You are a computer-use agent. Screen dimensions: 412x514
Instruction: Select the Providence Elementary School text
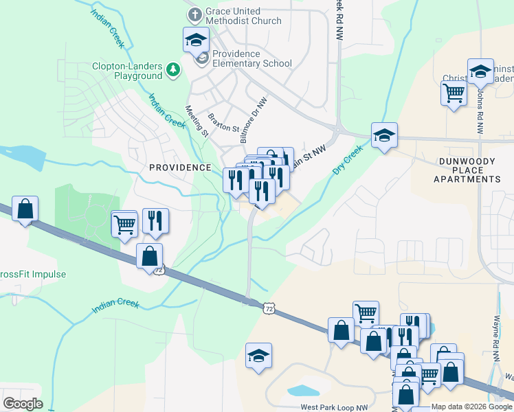(252, 58)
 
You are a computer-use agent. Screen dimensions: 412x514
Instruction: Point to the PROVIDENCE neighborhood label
(181, 168)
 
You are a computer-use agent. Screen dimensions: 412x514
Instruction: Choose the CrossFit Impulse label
(32, 275)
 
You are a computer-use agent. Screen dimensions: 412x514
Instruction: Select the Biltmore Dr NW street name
(252, 119)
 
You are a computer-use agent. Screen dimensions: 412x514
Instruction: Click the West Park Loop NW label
(334, 407)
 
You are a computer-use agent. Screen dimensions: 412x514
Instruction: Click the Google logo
(23, 403)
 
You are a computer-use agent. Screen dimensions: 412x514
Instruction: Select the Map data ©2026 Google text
(471, 407)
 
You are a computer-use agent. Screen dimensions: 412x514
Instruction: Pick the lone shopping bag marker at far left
(25, 209)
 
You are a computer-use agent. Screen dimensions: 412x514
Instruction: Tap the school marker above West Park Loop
(258, 356)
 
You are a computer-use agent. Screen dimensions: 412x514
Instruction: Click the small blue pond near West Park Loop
(300, 391)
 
